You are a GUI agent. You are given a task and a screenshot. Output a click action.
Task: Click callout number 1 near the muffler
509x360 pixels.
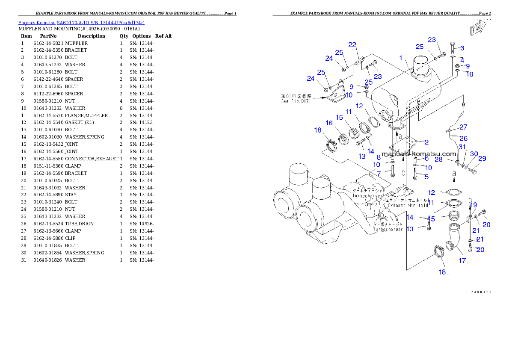pos(401,58)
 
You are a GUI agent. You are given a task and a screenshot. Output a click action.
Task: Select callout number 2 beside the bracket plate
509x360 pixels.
pos(426,142)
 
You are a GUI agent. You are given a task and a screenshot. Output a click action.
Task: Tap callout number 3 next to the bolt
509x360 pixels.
pos(462,48)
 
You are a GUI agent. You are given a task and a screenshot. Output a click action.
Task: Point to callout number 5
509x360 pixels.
pos(426,176)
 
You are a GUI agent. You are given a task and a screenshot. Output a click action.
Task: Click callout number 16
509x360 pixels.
pos(329,123)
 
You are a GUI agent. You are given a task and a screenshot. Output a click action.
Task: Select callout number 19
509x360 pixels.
pos(474,205)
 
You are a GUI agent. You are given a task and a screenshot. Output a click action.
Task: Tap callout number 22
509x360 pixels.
pos(352,44)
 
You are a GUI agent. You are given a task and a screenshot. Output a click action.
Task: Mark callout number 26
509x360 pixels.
pos(463,138)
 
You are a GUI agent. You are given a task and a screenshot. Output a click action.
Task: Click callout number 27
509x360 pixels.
pos(463,127)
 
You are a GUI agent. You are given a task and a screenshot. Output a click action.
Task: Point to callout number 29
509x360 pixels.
pos(482,159)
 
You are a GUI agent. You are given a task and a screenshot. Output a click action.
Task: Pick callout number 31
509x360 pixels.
pos(462,147)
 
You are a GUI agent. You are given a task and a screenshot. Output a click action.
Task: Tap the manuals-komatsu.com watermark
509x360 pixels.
pos(419,154)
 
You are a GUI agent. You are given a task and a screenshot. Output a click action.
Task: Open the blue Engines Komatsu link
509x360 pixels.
pos(81,22)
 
